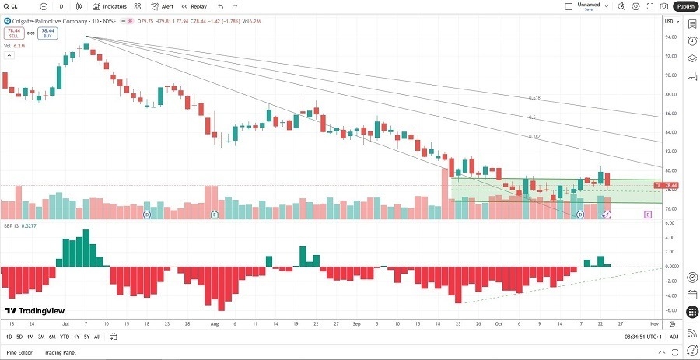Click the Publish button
coord(684,6)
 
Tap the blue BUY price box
coord(47,34)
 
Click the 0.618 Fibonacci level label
coord(534,98)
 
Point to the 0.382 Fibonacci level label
coord(534,136)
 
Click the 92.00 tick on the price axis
coord(670,56)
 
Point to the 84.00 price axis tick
coord(670,132)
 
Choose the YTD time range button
coord(64,337)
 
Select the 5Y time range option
coord(86,337)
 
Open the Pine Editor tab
coord(19,353)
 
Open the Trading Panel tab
coord(60,353)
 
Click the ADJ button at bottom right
coord(674,337)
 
